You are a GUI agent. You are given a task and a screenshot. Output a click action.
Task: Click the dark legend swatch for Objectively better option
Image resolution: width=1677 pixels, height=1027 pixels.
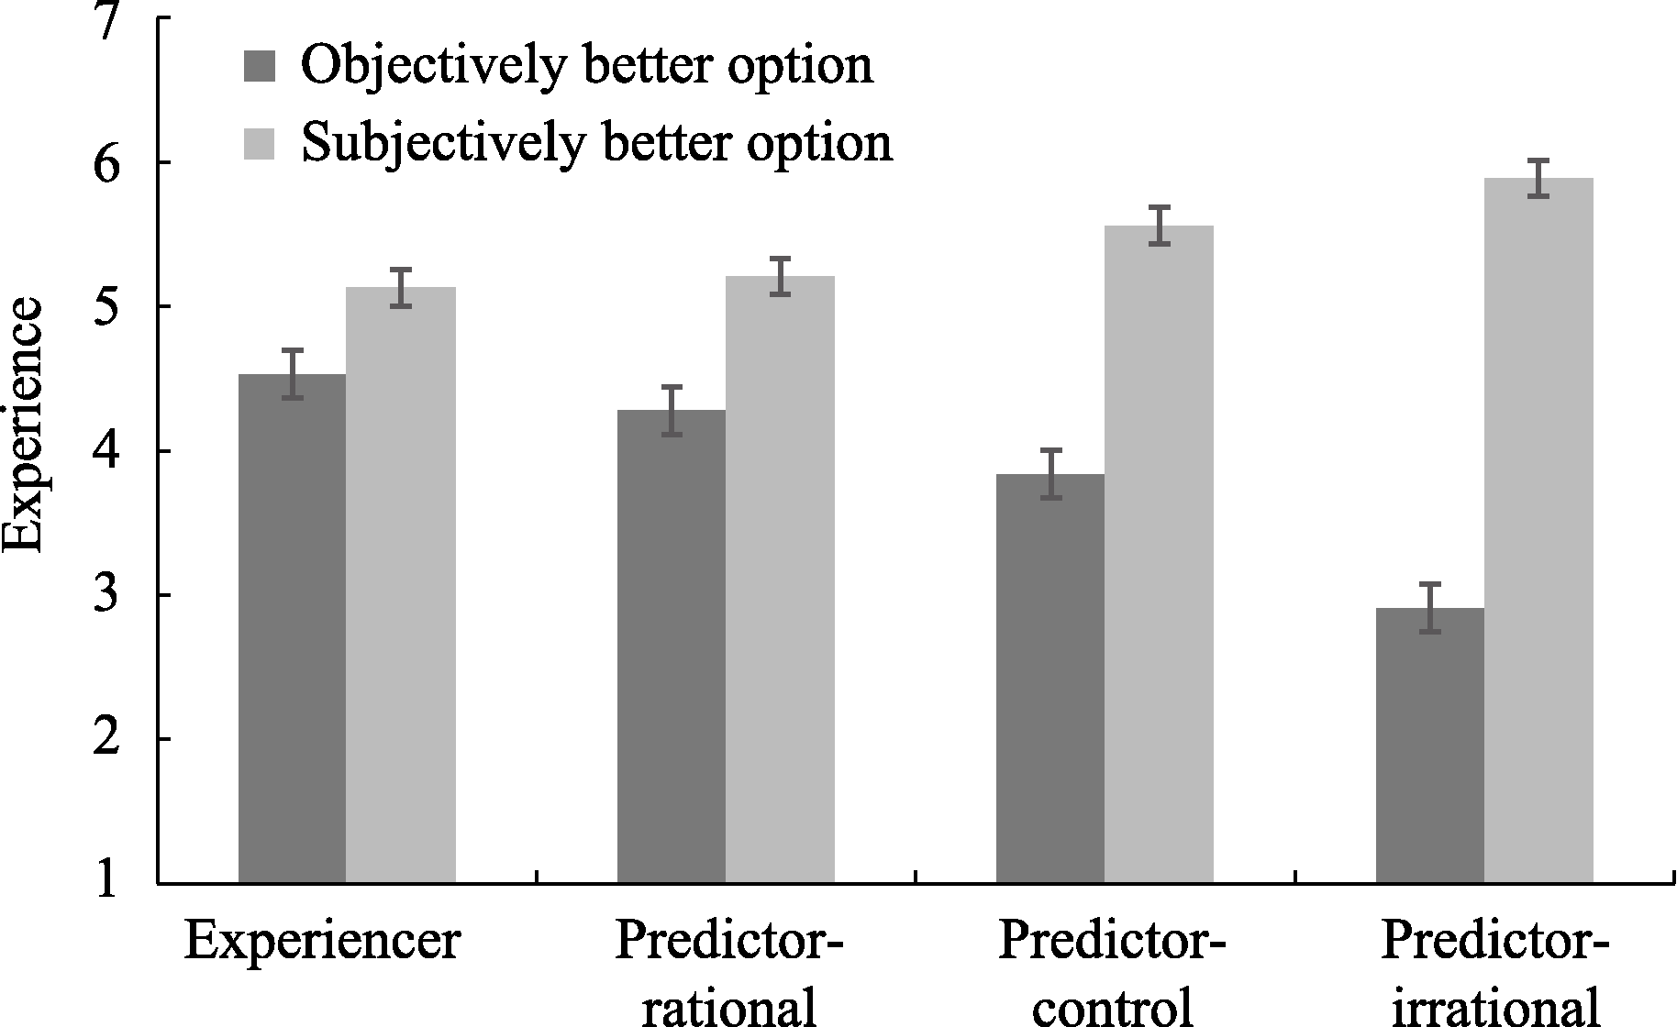(x=260, y=66)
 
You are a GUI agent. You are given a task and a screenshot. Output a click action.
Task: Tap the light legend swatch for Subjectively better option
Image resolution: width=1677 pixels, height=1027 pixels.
(x=260, y=143)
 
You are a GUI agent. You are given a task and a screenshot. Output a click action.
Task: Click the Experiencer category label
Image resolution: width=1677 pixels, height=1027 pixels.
(x=321, y=941)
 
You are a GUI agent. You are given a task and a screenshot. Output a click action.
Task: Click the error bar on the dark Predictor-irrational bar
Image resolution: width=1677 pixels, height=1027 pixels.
(x=1429, y=608)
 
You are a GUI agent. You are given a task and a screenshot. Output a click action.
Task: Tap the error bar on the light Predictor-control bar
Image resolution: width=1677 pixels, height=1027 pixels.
(x=1159, y=226)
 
